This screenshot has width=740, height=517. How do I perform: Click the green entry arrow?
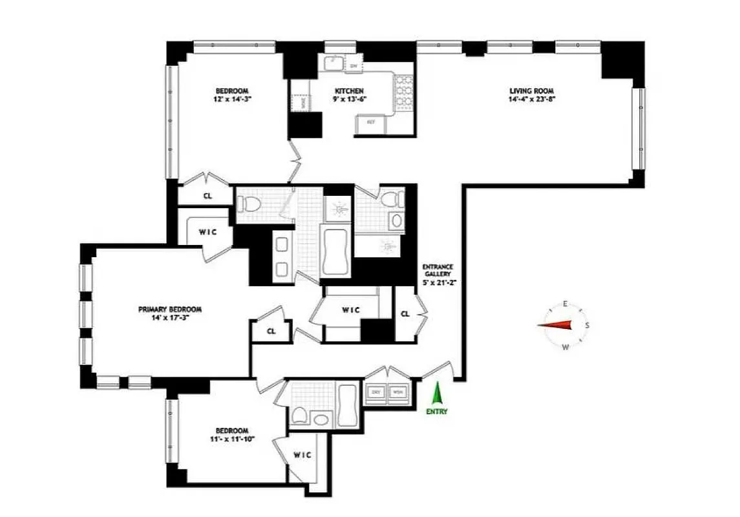pyautogui.click(x=437, y=394)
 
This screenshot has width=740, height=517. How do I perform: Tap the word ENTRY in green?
pyautogui.click(x=437, y=412)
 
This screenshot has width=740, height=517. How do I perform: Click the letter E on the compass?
pyautogui.click(x=565, y=304)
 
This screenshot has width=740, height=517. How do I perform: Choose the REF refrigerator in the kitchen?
pyautogui.click(x=371, y=122)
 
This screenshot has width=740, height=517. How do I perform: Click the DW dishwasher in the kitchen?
pyautogui.click(x=354, y=66)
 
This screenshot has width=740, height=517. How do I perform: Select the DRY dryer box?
pyautogui.click(x=375, y=392)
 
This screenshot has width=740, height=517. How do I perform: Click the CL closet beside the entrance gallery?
pyautogui.click(x=405, y=314)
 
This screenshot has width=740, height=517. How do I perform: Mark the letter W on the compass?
pyautogui.click(x=566, y=348)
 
